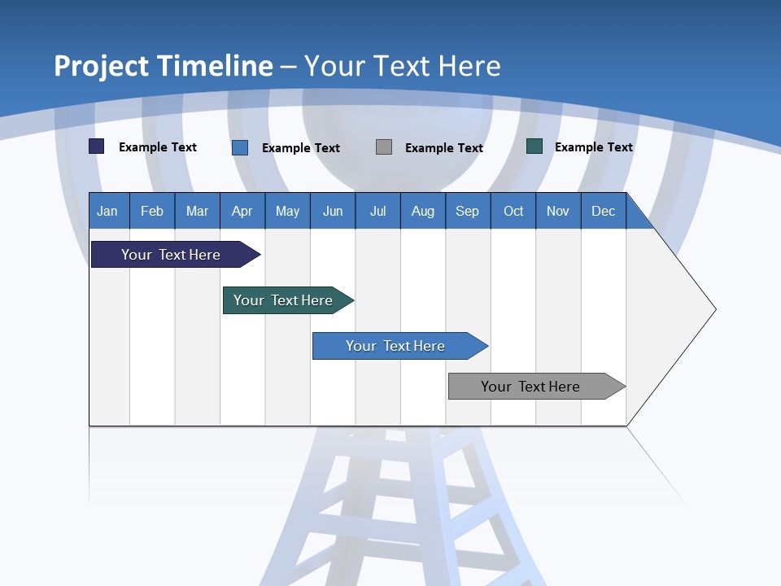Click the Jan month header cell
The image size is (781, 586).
pyautogui.click(x=108, y=211)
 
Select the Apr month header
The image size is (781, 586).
pyautogui.click(x=242, y=211)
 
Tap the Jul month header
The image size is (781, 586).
pyautogui.click(x=377, y=211)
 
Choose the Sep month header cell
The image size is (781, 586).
pyautogui.click(x=468, y=211)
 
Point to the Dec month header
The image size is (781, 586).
pyautogui.click(x=603, y=211)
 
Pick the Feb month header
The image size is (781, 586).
pyautogui.click(x=152, y=211)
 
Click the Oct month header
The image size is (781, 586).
pyautogui.click(x=513, y=211)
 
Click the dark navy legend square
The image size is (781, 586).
pyautogui.click(x=97, y=146)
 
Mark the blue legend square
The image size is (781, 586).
pyautogui.click(x=240, y=147)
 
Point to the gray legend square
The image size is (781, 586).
pyautogui.click(x=384, y=147)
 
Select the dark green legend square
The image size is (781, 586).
pyautogui.click(x=534, y=146)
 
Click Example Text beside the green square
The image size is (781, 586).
pyautogui.click(x=593, y=147)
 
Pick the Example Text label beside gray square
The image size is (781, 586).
pyautogui.click(x=443, y=148)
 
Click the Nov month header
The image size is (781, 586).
pyautogui.click(x=558, y=211)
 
